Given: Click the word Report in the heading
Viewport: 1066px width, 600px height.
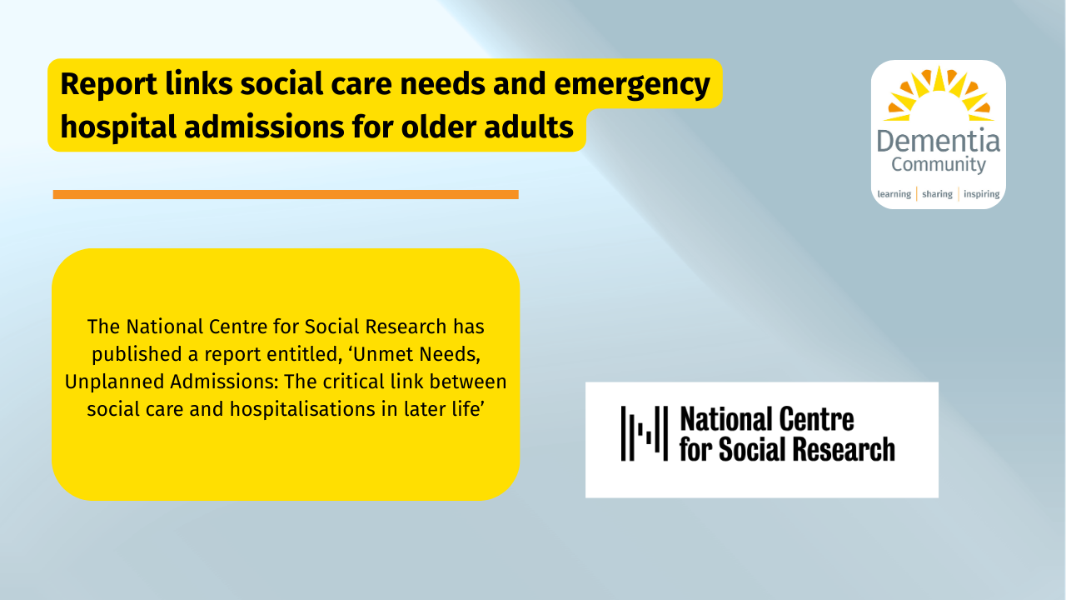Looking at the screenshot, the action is (108, 84).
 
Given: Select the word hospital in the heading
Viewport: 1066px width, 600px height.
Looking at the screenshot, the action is (118, 127).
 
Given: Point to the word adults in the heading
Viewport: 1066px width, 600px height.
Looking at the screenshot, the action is (528, 127).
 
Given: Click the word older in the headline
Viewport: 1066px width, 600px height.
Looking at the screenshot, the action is (438, 127).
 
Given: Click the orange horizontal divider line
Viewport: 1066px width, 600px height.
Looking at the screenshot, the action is (286, 194).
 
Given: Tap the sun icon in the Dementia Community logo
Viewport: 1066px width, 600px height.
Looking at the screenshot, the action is (939, 93).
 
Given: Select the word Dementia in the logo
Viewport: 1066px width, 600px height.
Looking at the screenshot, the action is (939, 142).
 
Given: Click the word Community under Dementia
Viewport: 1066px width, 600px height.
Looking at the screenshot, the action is (939, 165).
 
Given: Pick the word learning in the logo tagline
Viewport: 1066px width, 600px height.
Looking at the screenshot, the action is (894, 194).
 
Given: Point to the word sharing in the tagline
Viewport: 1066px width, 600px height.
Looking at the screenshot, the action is (937, 194).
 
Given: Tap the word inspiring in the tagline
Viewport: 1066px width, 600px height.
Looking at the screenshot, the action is (981, 194).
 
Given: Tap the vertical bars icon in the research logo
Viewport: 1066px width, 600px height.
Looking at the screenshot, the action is (645, 433).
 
